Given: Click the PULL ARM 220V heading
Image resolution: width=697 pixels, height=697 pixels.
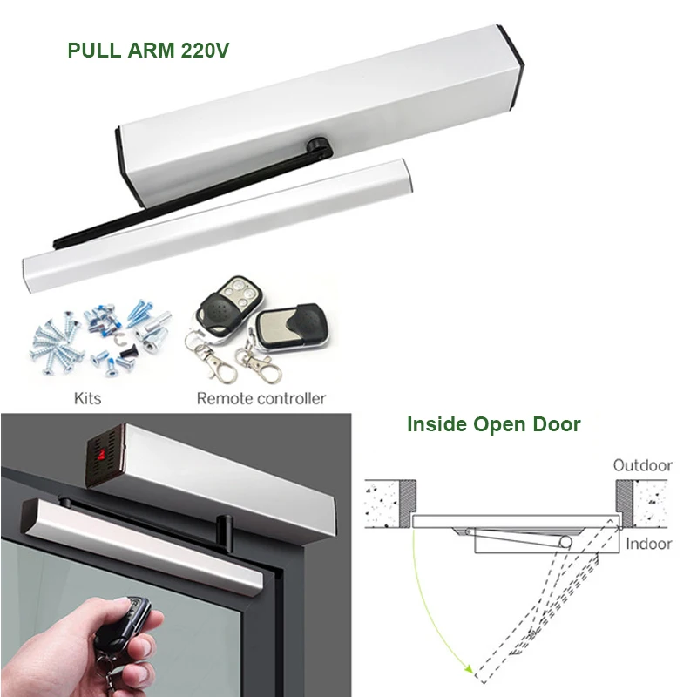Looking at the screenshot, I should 148,50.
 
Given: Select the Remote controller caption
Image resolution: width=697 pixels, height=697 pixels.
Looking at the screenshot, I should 261,398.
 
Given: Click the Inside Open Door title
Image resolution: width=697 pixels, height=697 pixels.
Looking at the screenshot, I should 493,425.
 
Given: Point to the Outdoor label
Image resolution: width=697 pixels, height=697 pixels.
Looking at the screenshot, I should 642,464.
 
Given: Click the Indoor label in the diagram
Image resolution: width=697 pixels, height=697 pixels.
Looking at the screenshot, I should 648,543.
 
